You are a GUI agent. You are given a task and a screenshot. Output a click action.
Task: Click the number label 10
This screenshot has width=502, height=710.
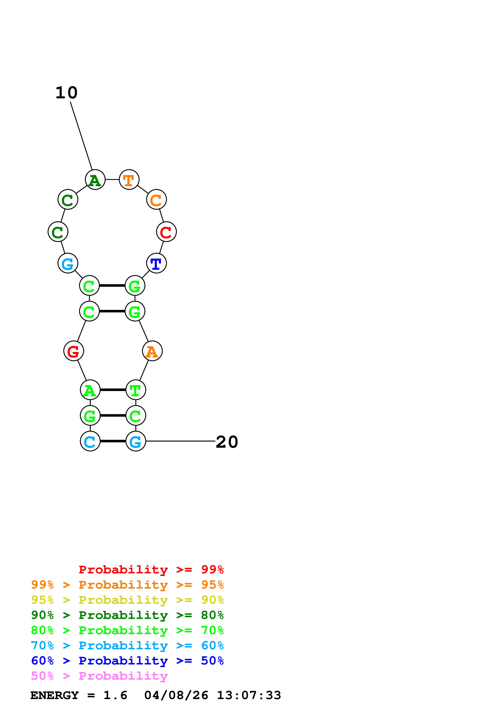(x=66, y=93)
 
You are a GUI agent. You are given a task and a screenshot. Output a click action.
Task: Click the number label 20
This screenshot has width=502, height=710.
(x=227, y=442)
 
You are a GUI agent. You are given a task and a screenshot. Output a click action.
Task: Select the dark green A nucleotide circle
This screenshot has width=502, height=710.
(x=95, y=179)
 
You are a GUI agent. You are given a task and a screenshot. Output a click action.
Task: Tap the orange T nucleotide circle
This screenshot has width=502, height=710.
(x=129, y=179)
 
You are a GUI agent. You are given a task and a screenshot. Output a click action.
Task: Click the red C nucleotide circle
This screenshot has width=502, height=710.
(x=166, y=232)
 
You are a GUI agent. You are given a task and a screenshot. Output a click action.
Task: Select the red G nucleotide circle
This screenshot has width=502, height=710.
(x=74, y=351)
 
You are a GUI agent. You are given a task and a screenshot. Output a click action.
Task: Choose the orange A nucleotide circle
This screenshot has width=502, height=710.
(x=152, y=351)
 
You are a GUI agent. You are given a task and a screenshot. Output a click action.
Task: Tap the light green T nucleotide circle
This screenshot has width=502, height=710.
(x=136, y=390)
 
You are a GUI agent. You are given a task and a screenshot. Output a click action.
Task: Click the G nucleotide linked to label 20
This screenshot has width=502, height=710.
(x=136, y=441)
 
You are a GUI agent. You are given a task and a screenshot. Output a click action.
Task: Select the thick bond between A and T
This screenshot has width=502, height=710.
(x=113, y=390)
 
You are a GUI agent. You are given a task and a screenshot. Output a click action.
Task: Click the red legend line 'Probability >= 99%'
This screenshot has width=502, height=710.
(x=151, y=570)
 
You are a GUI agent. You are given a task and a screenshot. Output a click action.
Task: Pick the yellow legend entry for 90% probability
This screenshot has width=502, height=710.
(x=127, y=600)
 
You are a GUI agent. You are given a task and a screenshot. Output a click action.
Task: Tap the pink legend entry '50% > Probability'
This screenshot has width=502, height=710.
(x=99, y=676)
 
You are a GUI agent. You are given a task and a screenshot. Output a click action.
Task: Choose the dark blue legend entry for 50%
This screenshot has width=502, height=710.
(x=127, y=661)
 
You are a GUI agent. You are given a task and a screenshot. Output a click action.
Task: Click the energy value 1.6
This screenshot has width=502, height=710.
(x=115, y=695)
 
